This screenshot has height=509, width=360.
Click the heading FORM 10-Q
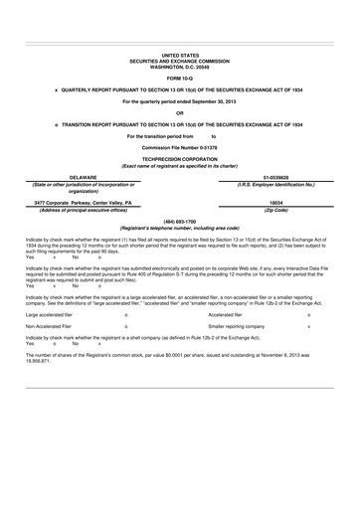tap(180, 76)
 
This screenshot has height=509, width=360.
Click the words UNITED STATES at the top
tap(180, 57)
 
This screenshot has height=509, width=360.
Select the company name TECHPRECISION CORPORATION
tap(180, 157)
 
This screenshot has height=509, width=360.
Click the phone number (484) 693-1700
tap(180, 222)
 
